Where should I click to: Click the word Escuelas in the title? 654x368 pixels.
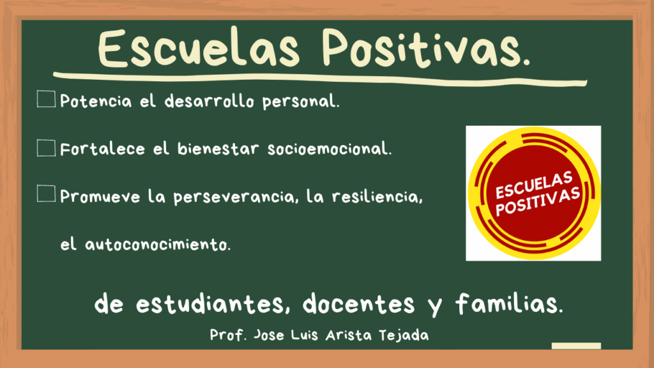tap(199, 48)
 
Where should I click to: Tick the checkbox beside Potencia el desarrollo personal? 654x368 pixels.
tap(46, 99)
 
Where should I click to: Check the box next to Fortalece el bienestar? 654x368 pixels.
tap(46, 148)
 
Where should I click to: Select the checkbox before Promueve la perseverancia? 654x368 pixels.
tap(46, 194)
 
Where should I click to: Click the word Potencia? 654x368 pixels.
tap(96, 101)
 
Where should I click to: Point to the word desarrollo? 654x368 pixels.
tap(209, 101)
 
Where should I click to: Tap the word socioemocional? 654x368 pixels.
tap(328, 149)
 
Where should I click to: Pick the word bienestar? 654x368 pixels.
tap(218, 149)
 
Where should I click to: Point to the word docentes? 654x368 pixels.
tap(359, 303)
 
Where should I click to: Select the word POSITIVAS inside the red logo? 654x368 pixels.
tap(538, 202)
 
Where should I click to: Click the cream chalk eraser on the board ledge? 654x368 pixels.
tap(576, 346)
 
